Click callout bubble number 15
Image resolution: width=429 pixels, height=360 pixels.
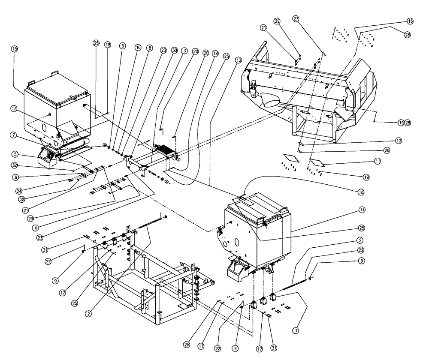[15, 49]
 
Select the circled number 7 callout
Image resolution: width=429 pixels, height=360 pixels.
[15, 135]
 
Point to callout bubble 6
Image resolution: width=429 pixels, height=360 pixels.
[15, 176]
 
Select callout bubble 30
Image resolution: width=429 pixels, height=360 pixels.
[174, 50]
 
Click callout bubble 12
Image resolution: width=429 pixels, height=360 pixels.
[399, 140]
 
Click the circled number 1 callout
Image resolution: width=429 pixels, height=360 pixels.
[295, 330]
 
